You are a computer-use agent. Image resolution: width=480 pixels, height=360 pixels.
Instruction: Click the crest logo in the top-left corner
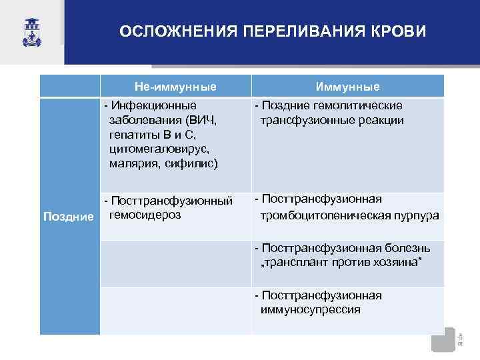31,31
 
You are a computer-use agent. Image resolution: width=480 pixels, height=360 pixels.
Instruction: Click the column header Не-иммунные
175,87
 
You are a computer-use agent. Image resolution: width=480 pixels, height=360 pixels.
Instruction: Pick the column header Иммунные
347,87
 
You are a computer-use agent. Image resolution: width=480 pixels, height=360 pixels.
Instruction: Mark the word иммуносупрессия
311,309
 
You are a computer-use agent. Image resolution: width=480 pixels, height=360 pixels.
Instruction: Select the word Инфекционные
154,105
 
